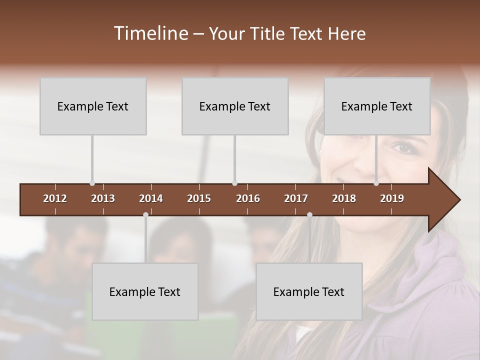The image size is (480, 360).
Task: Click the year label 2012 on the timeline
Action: [55, 198]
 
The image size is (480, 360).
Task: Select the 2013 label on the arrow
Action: [103, 198]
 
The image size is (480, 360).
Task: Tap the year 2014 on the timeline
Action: [151, 198]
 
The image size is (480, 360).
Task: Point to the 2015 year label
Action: [199, 198]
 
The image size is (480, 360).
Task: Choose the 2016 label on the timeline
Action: [248, 198]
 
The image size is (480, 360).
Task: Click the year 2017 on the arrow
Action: [296, 198]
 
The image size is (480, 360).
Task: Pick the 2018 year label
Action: [344, 198]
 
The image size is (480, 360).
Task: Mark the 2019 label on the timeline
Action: [392, 198]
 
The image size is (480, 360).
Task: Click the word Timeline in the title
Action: [150, 33]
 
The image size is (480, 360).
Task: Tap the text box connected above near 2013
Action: [93, 106]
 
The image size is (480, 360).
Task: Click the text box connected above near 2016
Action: [235, 106]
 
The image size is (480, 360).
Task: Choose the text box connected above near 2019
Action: [377, 106]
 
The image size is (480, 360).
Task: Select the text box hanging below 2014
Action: [145, 291]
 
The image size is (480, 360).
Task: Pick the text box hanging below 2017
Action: [309, 291]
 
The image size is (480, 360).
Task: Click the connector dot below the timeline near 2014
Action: [145, 215]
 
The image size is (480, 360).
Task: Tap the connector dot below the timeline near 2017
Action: [309, 215]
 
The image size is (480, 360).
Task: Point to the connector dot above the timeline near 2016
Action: [234, 183]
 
